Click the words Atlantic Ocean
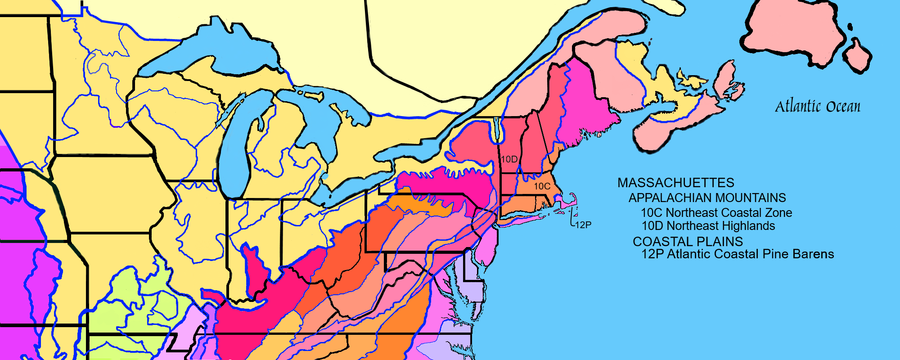[x=817, y=107]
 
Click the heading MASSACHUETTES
[x=675, y=183]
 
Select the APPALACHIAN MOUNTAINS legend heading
[x=707, y=198]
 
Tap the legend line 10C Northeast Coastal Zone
[x=716, y=212]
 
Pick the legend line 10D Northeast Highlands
[x=708, y=225]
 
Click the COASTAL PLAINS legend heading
[x=688, y=242]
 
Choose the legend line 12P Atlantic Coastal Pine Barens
[x=738, y=254]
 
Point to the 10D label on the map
[x=509, y=159]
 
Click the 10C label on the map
[x=542, y=186]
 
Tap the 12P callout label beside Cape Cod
[x=583, y=225]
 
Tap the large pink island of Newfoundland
[x=792, y=31]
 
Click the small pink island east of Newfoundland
[x=857, y=56]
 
